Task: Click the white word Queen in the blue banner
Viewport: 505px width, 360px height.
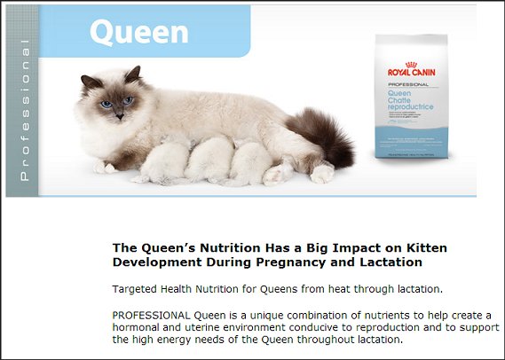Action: (x=139, y=32)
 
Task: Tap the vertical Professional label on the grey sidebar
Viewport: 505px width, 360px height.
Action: (x=25, y=110)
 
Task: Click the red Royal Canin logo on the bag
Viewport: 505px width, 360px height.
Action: (x=411, y=69)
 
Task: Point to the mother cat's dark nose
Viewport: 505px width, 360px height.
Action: (x=120, y=116)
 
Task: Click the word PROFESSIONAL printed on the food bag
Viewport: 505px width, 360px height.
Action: (x=408, y=84)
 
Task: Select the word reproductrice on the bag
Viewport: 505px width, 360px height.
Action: (x=410, y=107)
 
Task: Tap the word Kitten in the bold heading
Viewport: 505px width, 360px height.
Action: (x=427, y=248)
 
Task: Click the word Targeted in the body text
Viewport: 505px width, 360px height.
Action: (x=135, y=289)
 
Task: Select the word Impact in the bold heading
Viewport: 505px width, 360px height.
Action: (x=351, y=248)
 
